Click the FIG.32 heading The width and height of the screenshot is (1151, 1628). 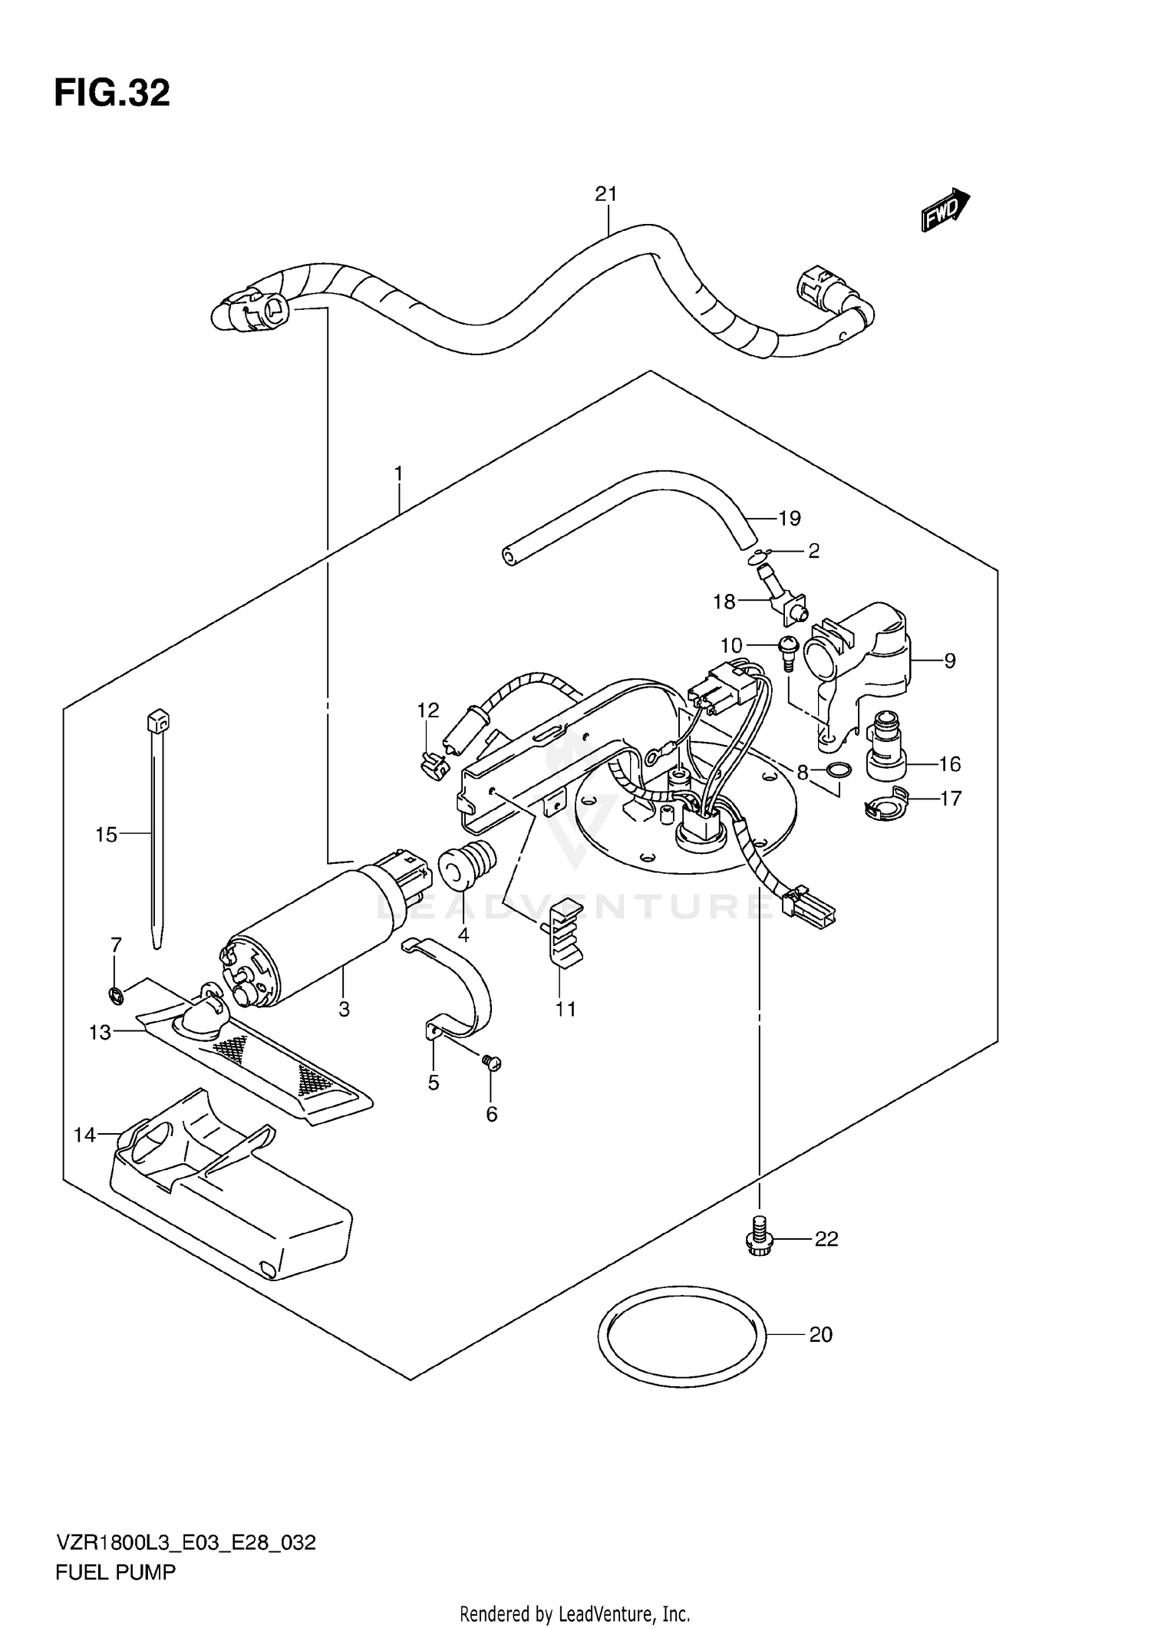click(112, 94)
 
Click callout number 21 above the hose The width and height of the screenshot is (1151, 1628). click(605, 195)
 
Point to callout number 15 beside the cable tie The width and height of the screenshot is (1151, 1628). click(106, 834)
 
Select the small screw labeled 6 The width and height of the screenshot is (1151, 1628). click(491, 1063)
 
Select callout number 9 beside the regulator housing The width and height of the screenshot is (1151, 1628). click(950, 661)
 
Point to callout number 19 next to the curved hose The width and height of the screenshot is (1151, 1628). click(789, 519)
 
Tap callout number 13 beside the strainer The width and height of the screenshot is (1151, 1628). click(100, 1033)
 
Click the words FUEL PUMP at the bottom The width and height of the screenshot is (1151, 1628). click(115, 1572)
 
